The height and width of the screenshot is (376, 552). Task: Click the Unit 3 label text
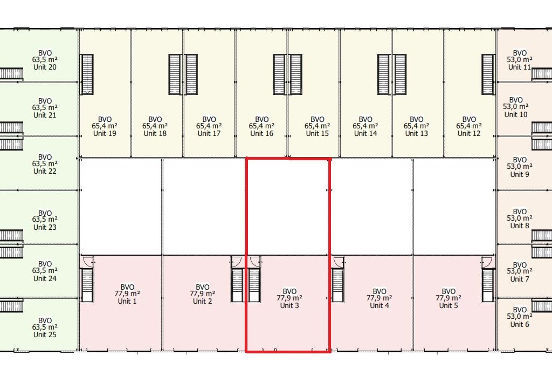pyautogui.click(x=289, y=305)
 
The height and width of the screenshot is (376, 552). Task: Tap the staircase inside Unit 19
pyautogui.click(x=87, y=74)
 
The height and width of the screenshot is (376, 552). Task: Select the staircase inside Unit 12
pyautogui.click(x=488, y=74)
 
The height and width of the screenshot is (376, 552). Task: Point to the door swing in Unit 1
pyautogui.click(x=87, y=262)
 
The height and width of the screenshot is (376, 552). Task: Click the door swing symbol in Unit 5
pyautogui.click(x=488, y=262)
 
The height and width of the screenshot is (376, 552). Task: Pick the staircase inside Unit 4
pyautogui.click(x=337, y=285)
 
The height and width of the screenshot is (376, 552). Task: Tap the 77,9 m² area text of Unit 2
pyautogui.click(x=203, y=294)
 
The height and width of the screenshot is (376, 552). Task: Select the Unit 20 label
pyautogui.click(x=45, y=67)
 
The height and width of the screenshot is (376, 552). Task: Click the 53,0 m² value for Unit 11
pyautogui.click(x=520, y=60)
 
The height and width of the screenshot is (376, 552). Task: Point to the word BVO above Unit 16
pyautogui.click(x=261, y=119)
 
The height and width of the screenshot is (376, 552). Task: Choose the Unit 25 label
pyautogui.click(x=45, y=335)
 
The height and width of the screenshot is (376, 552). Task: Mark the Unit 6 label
pyautogui.click(x=520, y=325)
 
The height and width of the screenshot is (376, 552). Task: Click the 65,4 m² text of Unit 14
pyautogui.click(x=365, y=126)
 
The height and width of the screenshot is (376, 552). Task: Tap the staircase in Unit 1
pyautogui.click(x=87, y=285)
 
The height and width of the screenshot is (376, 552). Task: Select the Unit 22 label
pyautogui.click(x=45, y=171)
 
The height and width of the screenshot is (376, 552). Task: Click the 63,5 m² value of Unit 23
pyautogui.click(x=45, y=220)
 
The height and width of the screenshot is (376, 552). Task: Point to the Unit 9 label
pyautogui.click(x=520, y=174)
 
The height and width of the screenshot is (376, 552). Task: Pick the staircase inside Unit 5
pyautogui.click(x=488, y=285)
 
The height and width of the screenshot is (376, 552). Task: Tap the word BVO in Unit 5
pyautogui.click(x=448, y=291)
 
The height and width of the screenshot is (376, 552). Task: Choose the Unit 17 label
pyautogui.click(x=209, y=134)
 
